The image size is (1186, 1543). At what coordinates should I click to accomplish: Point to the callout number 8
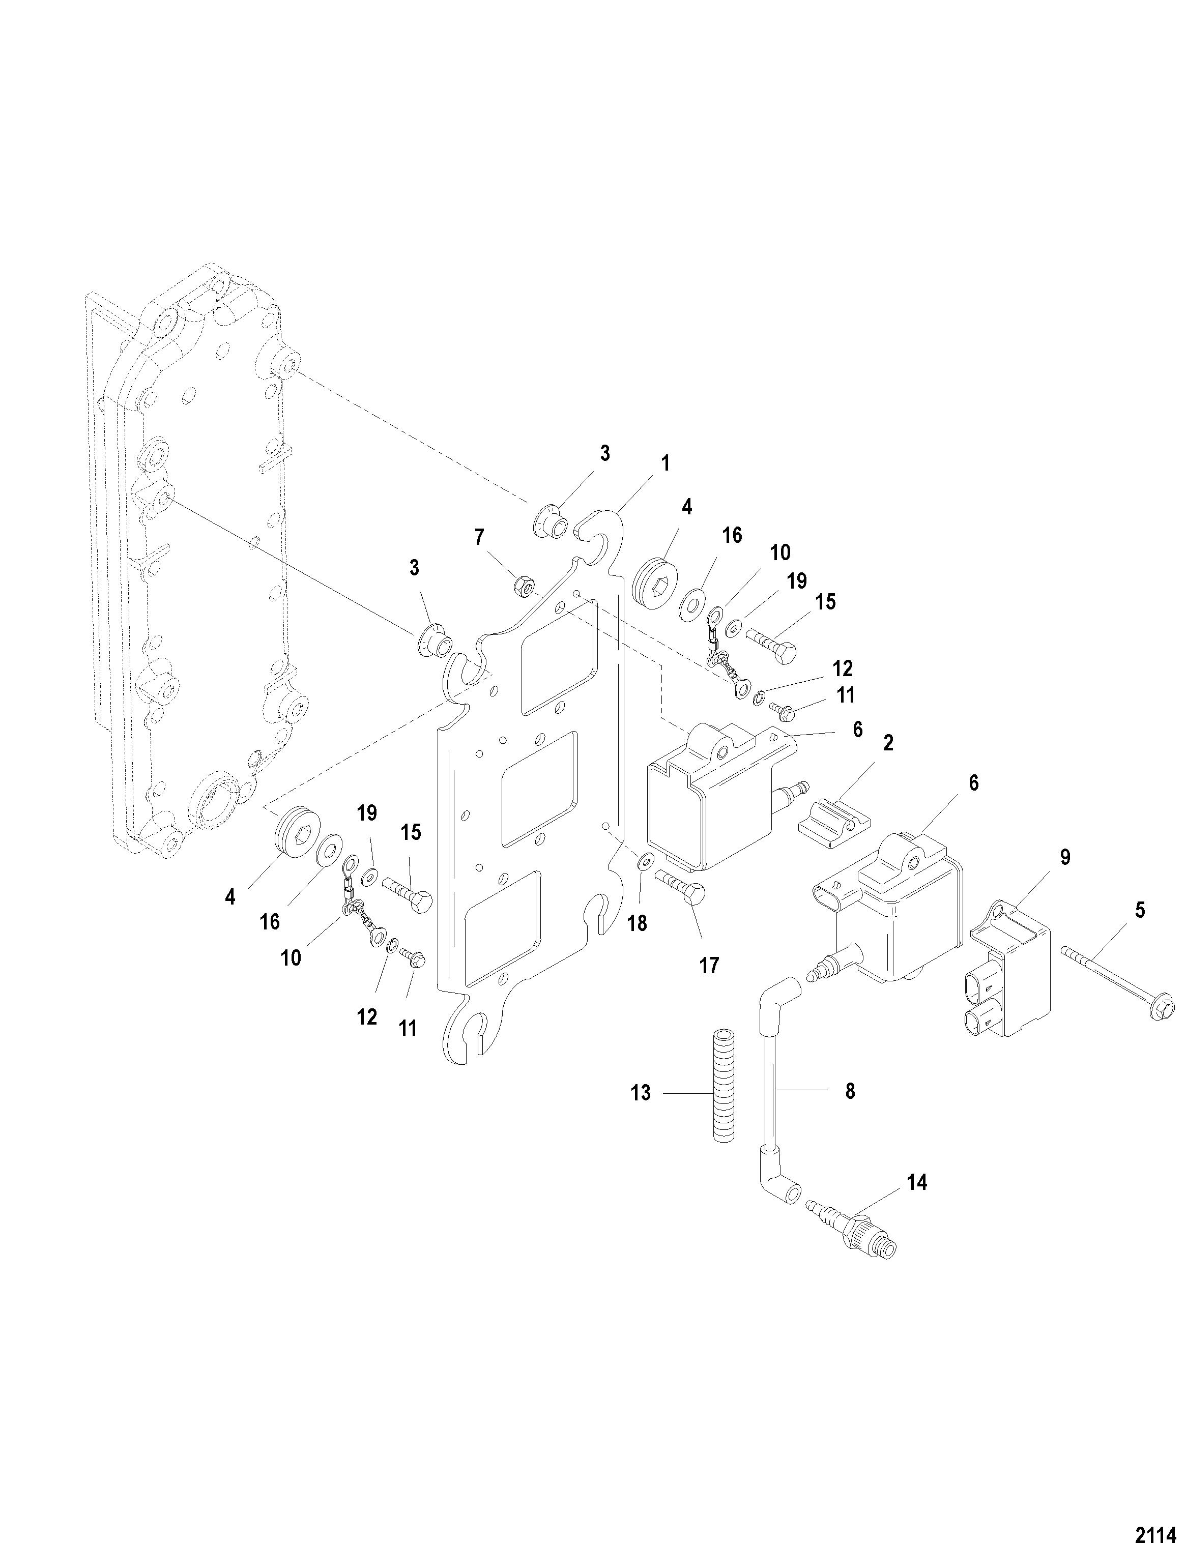coord(850,1091)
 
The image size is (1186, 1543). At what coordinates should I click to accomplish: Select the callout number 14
coord(916,1182)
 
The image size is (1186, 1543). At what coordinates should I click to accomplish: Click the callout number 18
coord(637,923)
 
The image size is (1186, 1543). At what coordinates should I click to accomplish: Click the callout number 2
coord(888,743)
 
